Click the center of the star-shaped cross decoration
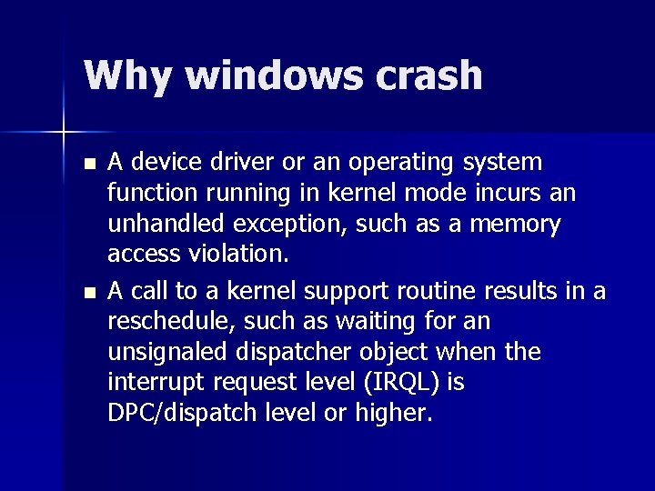coord(64,134)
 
